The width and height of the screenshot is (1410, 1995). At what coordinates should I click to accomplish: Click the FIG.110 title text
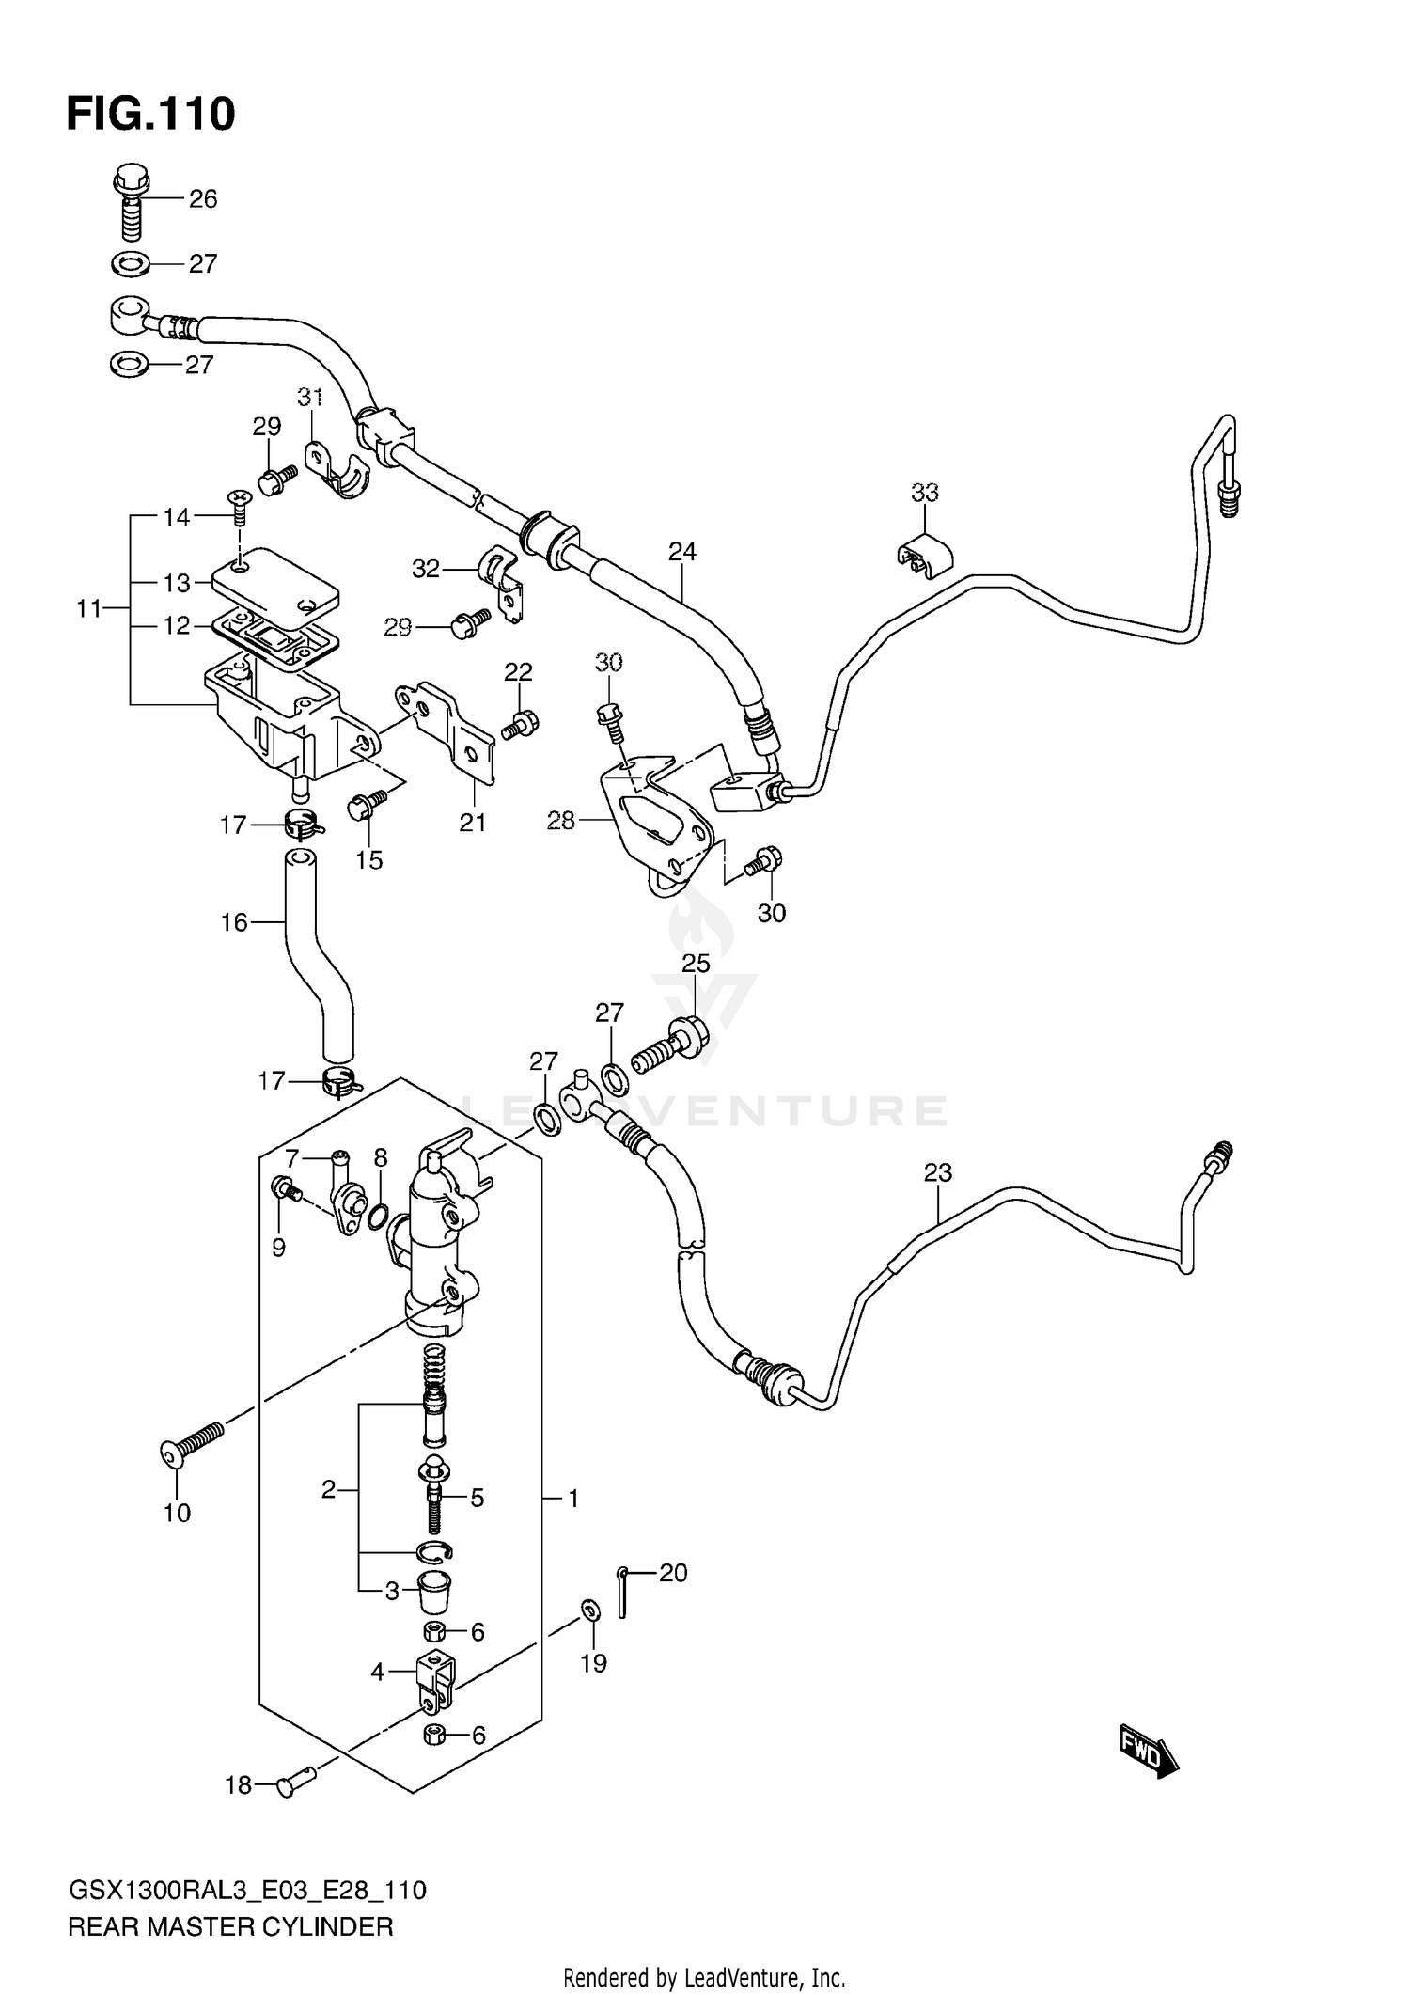pyautogui.click(x=150, y=115)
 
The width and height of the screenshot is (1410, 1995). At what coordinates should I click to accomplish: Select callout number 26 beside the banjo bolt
pyautogui.click(x=203, y=199)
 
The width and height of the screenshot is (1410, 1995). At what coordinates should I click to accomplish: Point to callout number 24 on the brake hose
pyautogui.click(x=682, y=552)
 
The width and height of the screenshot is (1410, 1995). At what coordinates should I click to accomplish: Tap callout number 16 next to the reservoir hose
pyautogui.click(x=234, y=922)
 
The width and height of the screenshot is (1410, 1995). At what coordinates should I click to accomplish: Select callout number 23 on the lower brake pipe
pyautogui.click(x=937, y=1172)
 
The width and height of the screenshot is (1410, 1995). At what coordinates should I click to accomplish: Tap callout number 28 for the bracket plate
pyautogui.click(x=560, y=821)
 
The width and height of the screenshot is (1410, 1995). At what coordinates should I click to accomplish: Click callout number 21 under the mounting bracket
pyautogui.click(x=472, y=823)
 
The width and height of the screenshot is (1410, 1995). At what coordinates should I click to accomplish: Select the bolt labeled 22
pyautogui.click(x=521, y=724)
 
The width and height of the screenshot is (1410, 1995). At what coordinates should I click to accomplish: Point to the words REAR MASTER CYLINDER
pyautogui.click(x=230, y=1927)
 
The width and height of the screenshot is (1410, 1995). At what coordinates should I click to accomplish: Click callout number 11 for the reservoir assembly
pyautogui.click(x=88, y=609)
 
